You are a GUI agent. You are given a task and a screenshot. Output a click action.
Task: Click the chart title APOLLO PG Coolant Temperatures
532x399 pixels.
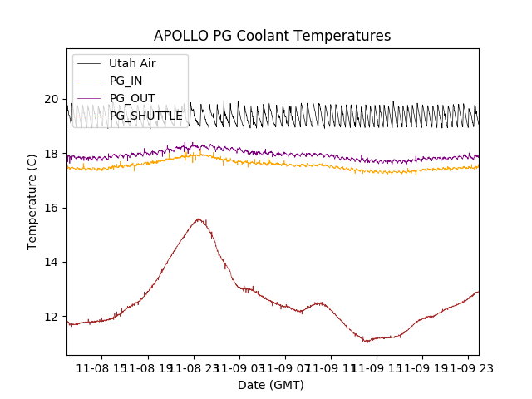[272, 36]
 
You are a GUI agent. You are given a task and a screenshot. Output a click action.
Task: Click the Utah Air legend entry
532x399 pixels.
[132, 63]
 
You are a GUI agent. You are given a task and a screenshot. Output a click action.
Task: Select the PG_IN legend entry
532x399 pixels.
[126, 81]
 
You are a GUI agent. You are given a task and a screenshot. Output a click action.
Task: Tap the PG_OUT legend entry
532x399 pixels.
[131, 98]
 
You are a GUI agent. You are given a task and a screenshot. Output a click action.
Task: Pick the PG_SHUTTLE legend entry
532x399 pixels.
[145, 116]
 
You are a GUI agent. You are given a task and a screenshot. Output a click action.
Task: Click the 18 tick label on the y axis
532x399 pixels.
[52, 154]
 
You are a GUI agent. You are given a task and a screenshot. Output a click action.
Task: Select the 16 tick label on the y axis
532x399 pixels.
[52, 208]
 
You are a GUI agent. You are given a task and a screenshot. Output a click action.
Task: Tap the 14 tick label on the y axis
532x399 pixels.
[52, 262]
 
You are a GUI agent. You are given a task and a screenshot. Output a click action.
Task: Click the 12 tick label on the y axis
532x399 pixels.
[52, 317]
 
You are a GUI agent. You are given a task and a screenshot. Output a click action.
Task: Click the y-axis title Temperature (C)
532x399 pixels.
[32, 201]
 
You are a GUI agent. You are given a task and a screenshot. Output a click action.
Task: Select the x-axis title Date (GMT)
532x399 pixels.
[271, 385]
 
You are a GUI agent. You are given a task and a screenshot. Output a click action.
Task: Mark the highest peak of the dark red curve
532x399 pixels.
[198, 219]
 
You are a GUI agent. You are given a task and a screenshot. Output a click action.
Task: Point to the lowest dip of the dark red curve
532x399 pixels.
[367, 341]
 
